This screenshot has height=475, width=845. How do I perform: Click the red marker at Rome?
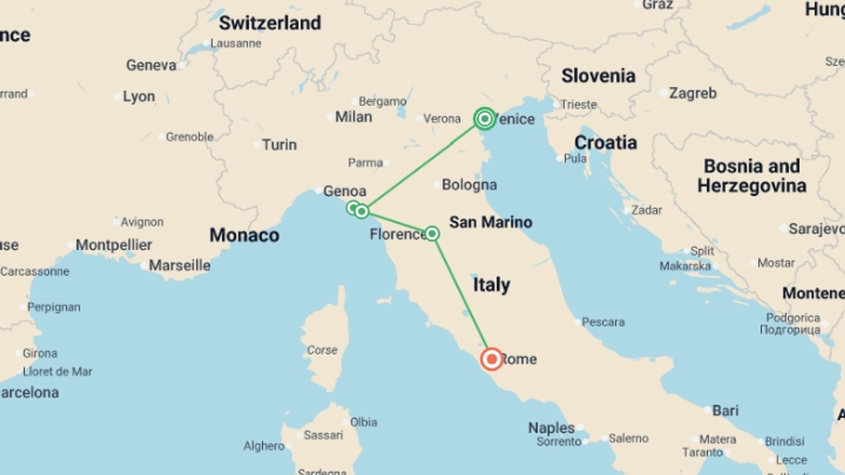point(492,359)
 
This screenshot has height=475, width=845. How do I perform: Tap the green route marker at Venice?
point(485,119)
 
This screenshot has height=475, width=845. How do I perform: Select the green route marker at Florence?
point(432,234)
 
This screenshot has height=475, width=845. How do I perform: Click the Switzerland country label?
point(270,23)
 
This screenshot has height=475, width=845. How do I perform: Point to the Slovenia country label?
point(598,76)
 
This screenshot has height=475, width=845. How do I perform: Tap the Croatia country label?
point(606,142)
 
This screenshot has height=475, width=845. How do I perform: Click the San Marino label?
point(491,222)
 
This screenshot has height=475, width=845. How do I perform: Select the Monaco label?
point(244,235)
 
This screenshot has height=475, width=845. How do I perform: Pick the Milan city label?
point(353,117)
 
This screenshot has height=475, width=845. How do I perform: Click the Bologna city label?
point(469,185)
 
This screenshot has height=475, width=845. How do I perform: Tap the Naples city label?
point(551,427)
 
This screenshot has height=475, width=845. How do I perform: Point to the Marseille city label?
point(180,266)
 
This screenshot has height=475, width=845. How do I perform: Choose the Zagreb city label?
point(693,93)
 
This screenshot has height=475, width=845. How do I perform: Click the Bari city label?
point(725,410)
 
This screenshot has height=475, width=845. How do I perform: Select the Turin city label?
point(279,145)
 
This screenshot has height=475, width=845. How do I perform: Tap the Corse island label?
point(322,350)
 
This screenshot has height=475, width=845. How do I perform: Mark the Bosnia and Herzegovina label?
point(752,176)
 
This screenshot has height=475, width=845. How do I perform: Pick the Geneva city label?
point(151,66)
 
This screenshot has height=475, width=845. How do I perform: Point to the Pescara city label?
point(603,322)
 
